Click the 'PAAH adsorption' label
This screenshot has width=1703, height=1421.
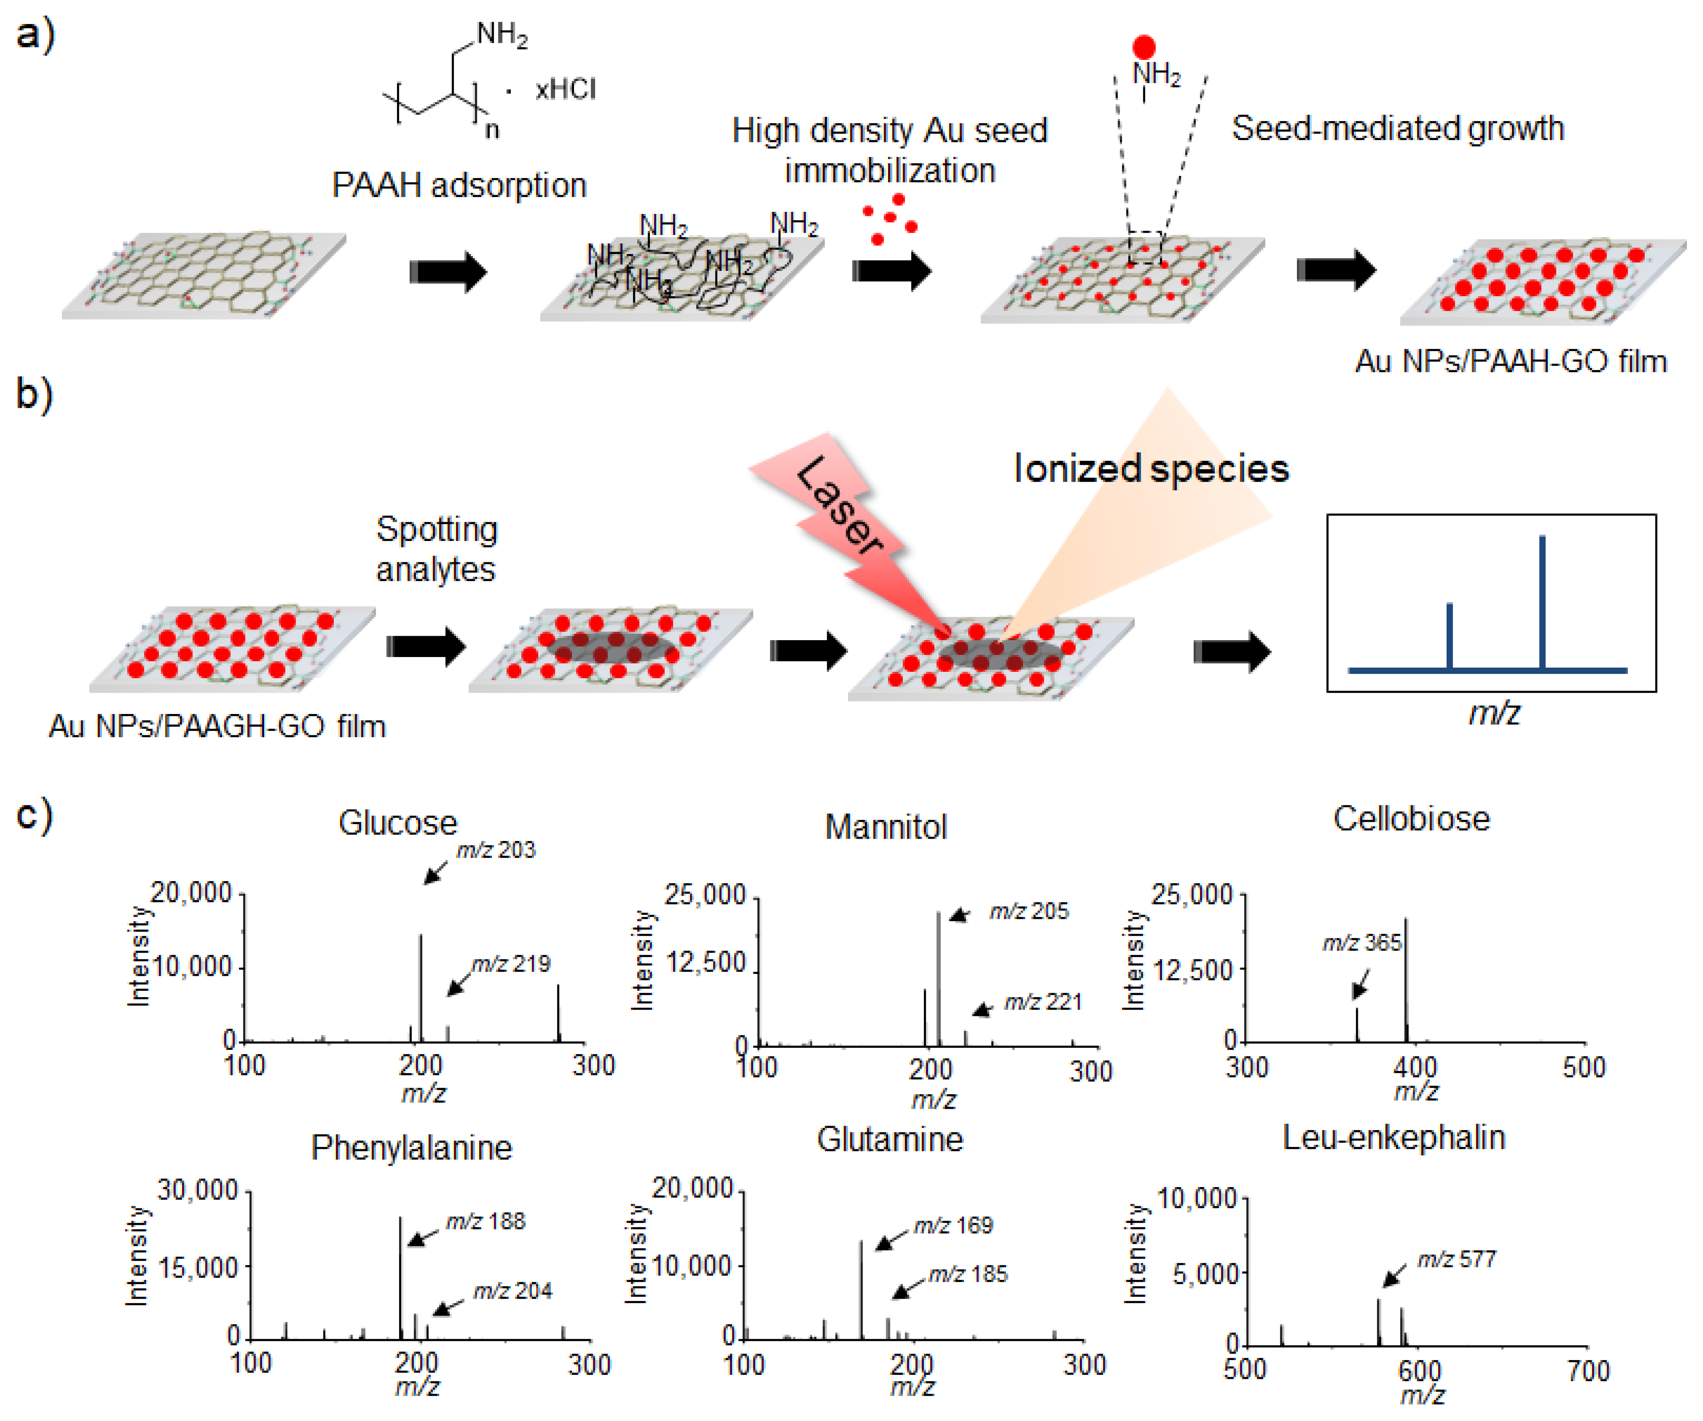[459, 186]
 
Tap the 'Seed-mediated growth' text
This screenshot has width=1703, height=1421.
[1397, 128]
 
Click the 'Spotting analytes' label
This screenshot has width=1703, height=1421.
[436, 549]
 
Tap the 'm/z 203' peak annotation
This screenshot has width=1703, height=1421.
[495, 850]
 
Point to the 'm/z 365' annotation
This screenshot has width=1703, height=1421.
[1362, 942]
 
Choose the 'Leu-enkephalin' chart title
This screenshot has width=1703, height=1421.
[1393, 1138]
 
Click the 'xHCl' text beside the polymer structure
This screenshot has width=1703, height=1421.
[565, 89]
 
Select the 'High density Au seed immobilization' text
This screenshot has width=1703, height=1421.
[890, 150]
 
